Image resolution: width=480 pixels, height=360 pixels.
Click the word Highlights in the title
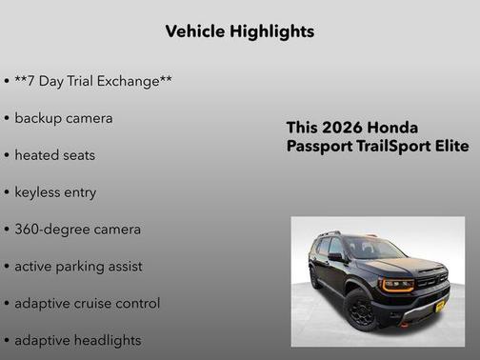[273, 31]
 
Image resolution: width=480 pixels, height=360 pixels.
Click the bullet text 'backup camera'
[63, 118]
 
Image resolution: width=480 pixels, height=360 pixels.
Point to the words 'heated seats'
[54, 155]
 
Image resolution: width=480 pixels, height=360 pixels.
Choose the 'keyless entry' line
[55, 192]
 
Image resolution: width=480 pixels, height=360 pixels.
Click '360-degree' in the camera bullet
[47, 230]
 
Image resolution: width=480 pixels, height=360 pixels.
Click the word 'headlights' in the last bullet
[106, 340]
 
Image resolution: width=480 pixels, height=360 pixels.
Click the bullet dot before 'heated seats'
[7, 155]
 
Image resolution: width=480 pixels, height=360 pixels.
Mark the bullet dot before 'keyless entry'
[7, 192]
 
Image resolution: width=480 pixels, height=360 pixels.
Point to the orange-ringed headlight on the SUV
[397, 284]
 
